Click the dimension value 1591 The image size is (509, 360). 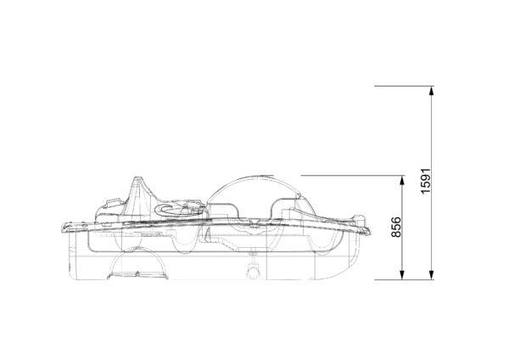click(426, 181)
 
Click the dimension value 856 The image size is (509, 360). click(396, 227)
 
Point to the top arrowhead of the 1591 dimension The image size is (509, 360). click(431, 91)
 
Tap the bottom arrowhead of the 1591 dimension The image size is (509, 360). click(431, 275)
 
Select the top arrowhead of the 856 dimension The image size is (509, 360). click(402, 180)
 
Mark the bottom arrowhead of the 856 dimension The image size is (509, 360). click(402, 275)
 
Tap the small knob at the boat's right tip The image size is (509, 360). click(360, 218)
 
